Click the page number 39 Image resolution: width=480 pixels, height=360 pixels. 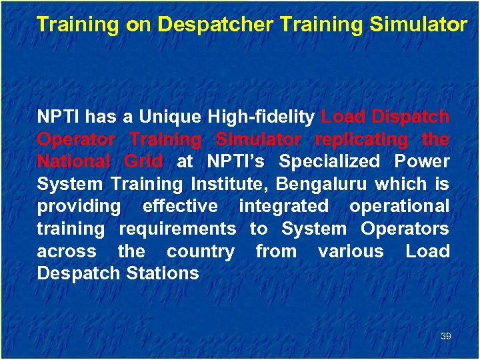(x=446, y=337)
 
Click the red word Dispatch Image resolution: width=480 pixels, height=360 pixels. (x=411, y=117)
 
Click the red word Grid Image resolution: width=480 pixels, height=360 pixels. (x=143, y=162)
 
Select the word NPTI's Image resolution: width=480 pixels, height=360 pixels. (x=238, y=162)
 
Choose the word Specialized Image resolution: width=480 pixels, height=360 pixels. (x=329, y=162)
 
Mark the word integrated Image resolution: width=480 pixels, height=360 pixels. (x=283, y=207)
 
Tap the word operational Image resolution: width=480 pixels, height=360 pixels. (x=399, y=207)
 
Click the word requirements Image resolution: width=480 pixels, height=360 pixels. (x=177, y=229)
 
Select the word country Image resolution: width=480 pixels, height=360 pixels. (x=201, y=251)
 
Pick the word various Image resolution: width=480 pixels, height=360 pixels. (x=351, y=251)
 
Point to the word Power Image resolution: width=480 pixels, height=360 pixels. (x=422, y=162)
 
